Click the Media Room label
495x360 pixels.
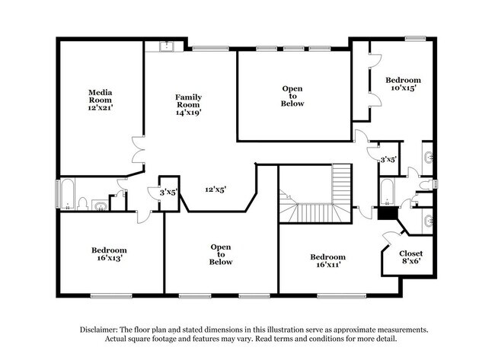point(101,100)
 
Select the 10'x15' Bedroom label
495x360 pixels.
point(402,84)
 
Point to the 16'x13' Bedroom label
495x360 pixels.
point(109,253)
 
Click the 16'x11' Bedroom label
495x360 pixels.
point(327,261)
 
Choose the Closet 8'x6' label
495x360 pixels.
point(410,257)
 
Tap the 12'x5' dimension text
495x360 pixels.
point(216,190)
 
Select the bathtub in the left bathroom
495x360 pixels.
point(66,195)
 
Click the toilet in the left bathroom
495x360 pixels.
point(84,204)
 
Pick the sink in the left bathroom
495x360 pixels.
point(100,204)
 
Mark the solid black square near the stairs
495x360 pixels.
point(388,214)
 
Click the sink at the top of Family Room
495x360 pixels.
point(166,47)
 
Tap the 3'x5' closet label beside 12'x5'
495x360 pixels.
point(168,193)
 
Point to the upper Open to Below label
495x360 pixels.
point(293,96)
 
